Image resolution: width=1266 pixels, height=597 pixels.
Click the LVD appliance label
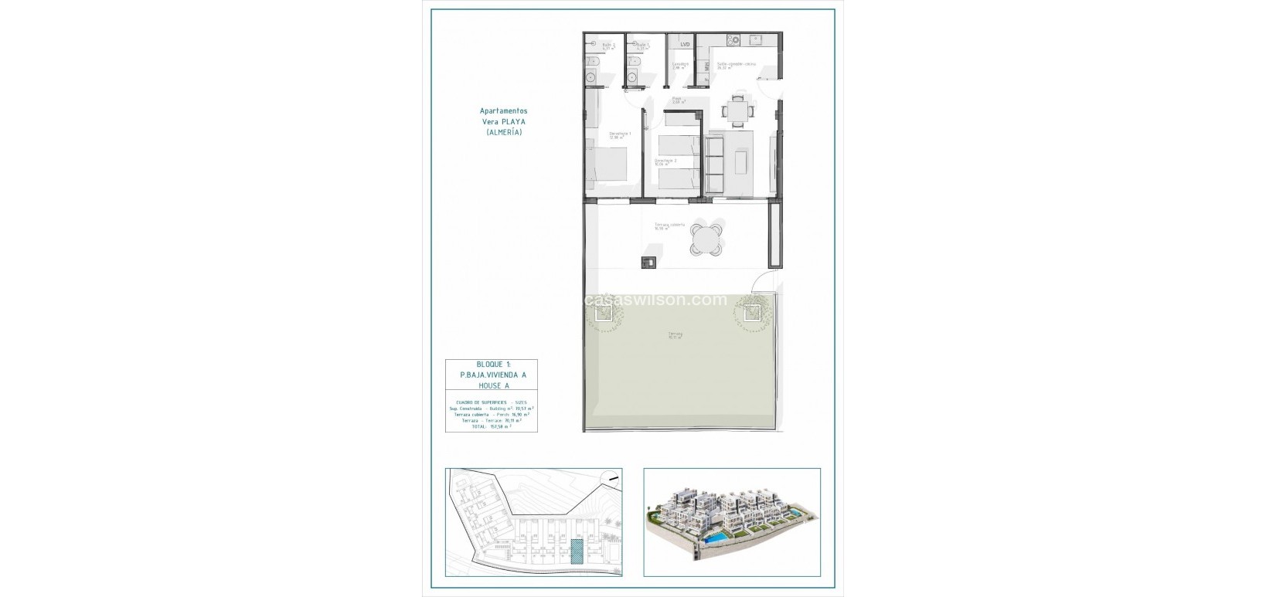click(685, 45)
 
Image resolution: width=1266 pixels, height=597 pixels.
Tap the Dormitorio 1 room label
click(620, 135)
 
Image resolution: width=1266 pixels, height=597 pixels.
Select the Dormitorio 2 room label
click(665, 162)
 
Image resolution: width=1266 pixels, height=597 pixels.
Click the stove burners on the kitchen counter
click(733, 40)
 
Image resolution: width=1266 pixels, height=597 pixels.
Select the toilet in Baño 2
click(591, 60)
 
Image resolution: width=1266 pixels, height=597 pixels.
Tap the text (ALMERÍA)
click(504, 132)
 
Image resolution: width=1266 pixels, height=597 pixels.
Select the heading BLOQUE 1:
click(492, 364)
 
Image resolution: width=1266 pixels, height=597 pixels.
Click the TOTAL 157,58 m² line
click(492, 426)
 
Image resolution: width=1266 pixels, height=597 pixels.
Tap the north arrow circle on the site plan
click(611, 479)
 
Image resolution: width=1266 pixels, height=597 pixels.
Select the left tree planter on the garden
click(604, 312)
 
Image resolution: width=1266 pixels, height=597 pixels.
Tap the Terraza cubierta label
click(669, 226)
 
